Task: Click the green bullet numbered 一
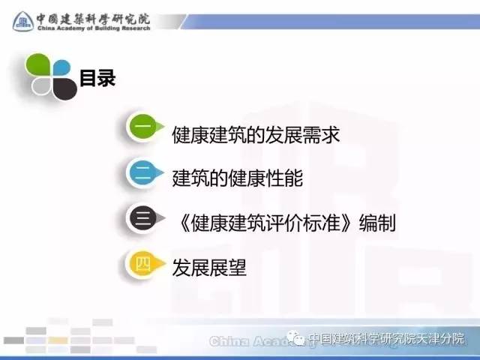(143, 127)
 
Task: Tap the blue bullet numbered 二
(143, 172)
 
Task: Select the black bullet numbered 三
(144, 218)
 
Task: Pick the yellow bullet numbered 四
(144, 263)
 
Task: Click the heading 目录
(97, 78)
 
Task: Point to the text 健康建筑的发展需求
(256, 135)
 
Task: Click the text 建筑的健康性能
(238, 178)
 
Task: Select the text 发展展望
(209, 268)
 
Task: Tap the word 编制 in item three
(377, 223)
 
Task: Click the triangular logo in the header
(23, 22)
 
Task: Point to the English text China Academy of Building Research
(94, 28)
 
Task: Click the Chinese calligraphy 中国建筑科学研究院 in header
(93, 19)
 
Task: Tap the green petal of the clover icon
(38, 65)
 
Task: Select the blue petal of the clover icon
(61, 68)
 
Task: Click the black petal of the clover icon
(65, 88)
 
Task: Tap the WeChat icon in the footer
(295, 338)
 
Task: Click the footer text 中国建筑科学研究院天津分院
(386, 339)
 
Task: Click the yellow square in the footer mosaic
(58, 340)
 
